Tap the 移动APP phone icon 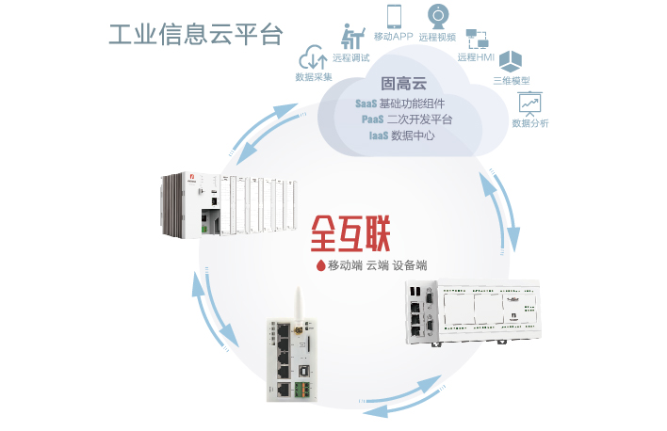[394, 16]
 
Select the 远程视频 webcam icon [438, 17]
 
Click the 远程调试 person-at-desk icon [353, 37]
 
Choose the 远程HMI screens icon [477, 38]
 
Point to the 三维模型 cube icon [512, 62]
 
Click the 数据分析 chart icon [530, 103]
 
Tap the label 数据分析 [530, 122]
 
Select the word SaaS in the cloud [369, 103]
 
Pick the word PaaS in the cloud [373, 119]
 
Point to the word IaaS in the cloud [379, 135]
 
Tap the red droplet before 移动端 [320, 265]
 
